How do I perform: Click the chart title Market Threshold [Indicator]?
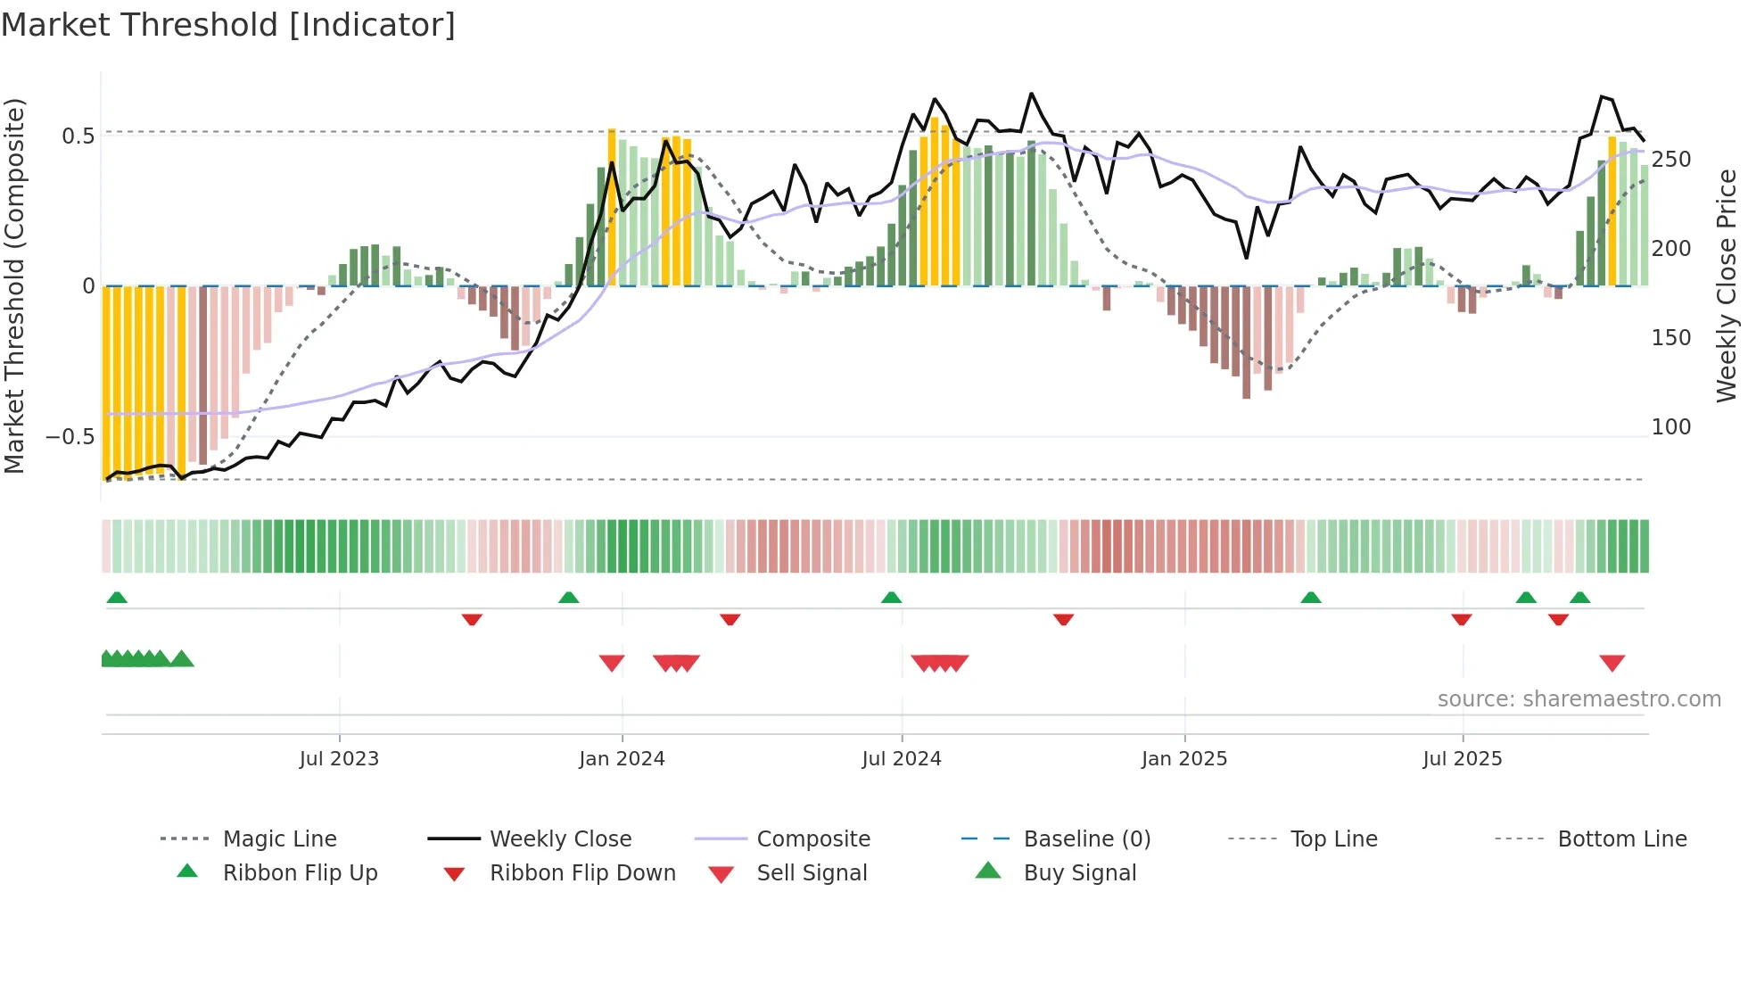(228, 25)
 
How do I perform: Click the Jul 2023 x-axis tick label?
(339, 759)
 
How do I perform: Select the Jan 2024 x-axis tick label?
(622, 759)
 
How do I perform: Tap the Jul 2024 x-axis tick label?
(902, 759)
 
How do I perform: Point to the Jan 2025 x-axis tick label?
(1184, 759)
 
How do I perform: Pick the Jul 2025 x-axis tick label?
(1463, 759)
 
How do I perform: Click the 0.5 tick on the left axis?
(78, 136)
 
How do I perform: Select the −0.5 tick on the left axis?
(70, 437)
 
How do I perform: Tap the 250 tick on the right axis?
(1670, 160)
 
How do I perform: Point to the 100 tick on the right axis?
(1670, 427)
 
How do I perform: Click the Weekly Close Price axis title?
(1727, 285)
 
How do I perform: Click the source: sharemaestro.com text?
(1579, 699)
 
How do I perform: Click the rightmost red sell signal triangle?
(1612, 663)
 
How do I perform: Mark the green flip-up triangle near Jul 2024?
(891, 598)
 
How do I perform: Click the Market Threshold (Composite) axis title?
(15, 285)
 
